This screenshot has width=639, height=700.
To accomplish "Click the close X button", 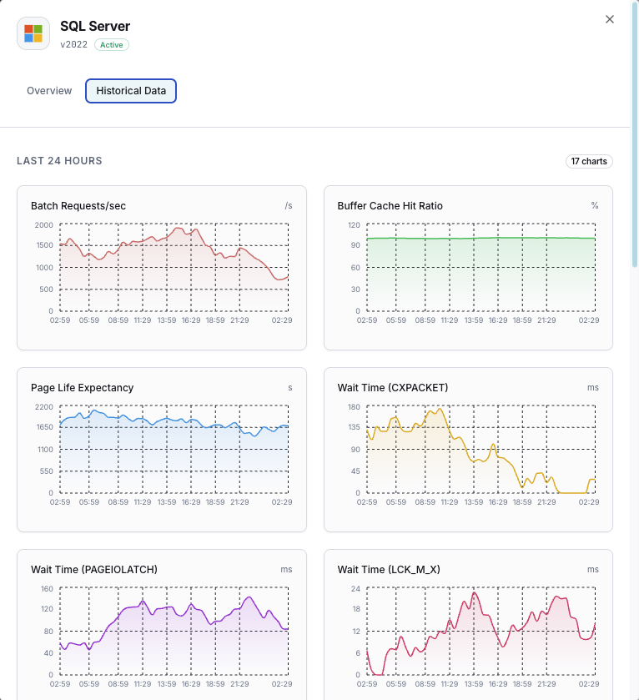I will click(610, 19).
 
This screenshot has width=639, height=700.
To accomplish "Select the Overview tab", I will click(49, 91).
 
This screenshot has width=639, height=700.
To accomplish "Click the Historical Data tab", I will click(131, 91).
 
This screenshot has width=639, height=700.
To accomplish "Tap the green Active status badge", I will click(112, 45).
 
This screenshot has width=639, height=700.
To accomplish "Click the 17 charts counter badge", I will click(589, 161).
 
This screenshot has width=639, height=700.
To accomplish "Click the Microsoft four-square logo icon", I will click(33, 33).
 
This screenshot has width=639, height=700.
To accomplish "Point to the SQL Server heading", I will click(95, 27).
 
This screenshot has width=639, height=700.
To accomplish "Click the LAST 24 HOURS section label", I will click(59, 161).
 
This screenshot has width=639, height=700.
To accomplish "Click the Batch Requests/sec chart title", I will click(78, 205).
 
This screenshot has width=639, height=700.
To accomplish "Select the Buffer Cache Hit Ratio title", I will click(390, 205).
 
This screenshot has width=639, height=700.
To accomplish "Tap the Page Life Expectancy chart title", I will click(82, 388).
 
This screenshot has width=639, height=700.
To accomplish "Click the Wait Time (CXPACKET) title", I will click(392, 388).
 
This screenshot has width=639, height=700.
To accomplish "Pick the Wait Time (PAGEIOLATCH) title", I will click(93, 570).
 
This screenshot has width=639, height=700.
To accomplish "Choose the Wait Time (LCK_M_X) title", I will click(389, 570).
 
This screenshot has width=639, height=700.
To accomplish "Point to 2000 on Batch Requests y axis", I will click(43, 225).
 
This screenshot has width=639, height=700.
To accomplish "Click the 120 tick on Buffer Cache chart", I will click(353, 225).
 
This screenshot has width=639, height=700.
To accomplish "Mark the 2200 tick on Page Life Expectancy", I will click(43, 407).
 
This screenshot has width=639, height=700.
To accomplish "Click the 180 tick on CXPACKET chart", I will click(353, 407).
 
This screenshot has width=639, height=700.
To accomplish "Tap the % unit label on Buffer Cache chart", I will click(595, 205).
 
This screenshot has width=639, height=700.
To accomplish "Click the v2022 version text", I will click(73, 45).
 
